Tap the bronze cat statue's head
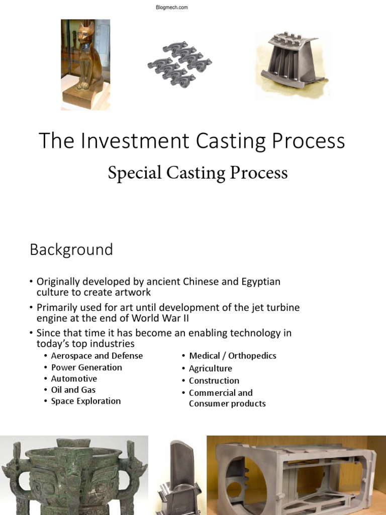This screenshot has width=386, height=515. pyautogui.click(x=84, y=37)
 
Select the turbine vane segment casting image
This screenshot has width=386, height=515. pyautogui.click(x=292, y=63)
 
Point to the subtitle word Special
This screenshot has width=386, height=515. pyautogui.click(x=131, y=173)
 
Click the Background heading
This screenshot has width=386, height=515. pyautogui.click(x=71, y=249)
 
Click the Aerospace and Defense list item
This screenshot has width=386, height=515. pyautogui.click(x=97, y=356)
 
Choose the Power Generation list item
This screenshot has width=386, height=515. pyautogui.click(x=86, y=367)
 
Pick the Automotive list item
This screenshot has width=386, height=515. pyautogui.click(x=74, y=379)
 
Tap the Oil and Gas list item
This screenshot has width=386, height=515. pyautogui.click(x=73, y=390)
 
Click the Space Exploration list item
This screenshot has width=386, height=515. pyautogui.click(x=86, y=401)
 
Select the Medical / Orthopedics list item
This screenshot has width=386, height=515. pyautogui.click(x=233, y=356)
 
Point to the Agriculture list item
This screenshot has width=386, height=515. pyautogui.click(x=211, y=368)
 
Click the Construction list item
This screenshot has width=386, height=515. pyautogui.click(x=214, y=381)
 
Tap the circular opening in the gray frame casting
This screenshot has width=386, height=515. pyautogui.click(x=242, y=475)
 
